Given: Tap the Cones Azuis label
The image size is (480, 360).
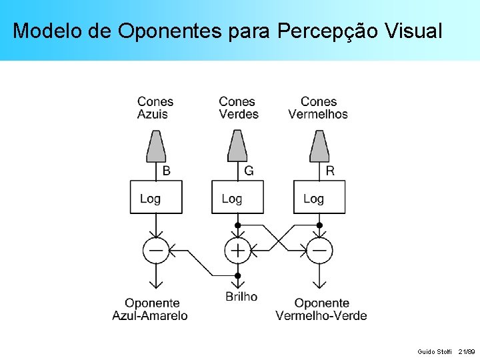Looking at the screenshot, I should click(x=155, y=108).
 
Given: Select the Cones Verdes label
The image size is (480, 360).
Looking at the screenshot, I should click(x=238, y=108).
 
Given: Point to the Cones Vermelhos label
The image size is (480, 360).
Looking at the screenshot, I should click(x=318, y=108).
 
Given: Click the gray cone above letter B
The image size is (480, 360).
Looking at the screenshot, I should click(x=156, y=146).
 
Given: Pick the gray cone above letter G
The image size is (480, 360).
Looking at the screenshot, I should click(x=237, y=146).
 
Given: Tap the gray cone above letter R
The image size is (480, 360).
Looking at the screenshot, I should click(x=319, y=146).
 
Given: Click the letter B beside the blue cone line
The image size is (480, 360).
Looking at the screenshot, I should click(x=167, y=171).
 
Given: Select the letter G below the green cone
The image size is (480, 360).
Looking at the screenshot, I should click(x=249, y=171).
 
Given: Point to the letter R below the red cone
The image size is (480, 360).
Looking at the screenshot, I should click(x=330, y=171).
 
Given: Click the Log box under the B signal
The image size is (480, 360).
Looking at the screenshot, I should click(x=156, y=197).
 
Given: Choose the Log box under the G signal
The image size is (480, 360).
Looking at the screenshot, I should click(x=237, y=197).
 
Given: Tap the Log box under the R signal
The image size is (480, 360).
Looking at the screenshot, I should click(x=319, y=197).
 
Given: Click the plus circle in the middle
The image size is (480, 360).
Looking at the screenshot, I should click(x=237, y=251).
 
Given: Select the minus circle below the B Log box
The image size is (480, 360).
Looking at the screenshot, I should click(x=156, y=251).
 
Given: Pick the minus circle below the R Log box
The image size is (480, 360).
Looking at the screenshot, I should click(x=319, y=251).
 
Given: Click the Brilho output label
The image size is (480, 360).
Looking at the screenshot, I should click(x=241, y=297).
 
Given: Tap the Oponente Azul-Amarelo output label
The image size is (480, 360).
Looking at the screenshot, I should click(x=150, y=309).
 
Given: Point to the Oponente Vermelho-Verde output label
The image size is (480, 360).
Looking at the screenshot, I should click(x=321, y=309).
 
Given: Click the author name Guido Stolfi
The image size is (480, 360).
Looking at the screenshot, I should click(x=434, y=351).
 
